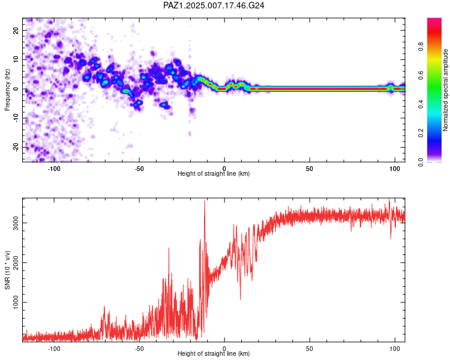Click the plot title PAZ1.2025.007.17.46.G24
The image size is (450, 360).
point(214,5)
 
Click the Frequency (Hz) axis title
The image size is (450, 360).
point(7,90)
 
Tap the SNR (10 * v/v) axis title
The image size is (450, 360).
point(7,270)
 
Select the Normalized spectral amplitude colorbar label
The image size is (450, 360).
point(445,90)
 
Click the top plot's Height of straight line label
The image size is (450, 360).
point(214,173)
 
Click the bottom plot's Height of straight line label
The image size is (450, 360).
point(214,353)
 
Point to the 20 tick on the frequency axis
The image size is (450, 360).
point(16,30)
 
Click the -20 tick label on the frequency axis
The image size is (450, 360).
point(16,148)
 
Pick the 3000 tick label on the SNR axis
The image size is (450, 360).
point(16,223)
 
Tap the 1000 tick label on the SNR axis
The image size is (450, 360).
point(16,302)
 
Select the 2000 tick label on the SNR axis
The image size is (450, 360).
point(16,262)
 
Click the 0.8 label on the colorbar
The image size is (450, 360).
point(421,47)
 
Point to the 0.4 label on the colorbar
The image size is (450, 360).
point(421,104)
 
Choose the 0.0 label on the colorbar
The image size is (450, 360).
point(421,162)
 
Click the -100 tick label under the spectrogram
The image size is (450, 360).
point(53,169)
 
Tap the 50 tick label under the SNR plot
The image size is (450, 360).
point(310,349)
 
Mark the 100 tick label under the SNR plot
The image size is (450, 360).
point(395,349)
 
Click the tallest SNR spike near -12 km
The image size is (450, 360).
point(205,201)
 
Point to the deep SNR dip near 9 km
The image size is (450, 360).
point(240,299)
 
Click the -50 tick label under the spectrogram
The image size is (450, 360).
point(139,169)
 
